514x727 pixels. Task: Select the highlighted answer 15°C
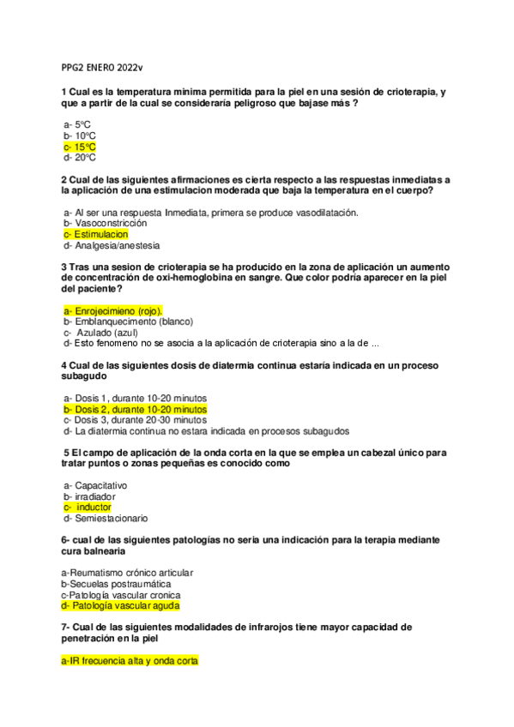(79, 147)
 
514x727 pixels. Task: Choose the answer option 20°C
(79, 158)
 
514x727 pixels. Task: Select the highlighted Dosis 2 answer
(135, 410)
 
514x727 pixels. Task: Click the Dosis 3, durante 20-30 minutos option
(135, 420)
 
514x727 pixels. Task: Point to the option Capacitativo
(95, 485)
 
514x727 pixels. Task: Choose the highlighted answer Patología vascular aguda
(120, 605)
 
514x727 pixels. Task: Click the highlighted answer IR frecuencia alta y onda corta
(130, 661)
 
